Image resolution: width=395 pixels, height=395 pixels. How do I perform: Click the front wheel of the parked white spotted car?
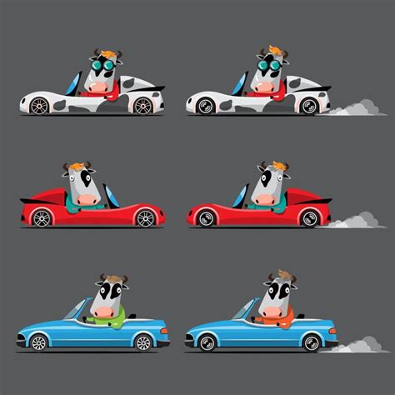[x=39, y=106]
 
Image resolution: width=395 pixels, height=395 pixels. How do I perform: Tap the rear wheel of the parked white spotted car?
[x=143, y=106]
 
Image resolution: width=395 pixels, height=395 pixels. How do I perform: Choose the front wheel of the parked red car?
[x=41, y=218]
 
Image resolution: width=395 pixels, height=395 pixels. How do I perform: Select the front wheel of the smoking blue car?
[x=205, y=342]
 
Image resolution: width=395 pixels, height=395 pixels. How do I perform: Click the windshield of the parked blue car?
[x=77, y=308]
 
